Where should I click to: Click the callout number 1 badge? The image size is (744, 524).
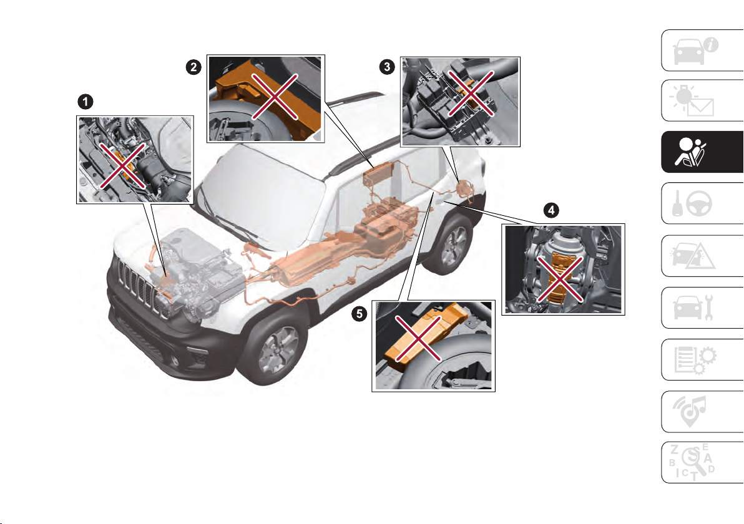(86, 102)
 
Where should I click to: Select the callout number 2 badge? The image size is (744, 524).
(193, 67)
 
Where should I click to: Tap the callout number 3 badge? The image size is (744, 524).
(387, 67)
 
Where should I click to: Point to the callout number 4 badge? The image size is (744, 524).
(551, 210)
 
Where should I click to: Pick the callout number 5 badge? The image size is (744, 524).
(359, 313)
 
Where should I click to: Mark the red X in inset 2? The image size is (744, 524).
(275, 96)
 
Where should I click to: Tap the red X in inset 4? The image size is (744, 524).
(560, 279)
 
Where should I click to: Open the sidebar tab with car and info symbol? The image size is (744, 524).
(702, 51)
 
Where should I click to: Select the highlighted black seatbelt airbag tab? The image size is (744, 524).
(702, 152)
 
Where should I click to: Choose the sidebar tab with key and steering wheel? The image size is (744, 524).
(702, 203)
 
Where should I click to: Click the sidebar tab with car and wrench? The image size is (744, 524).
(702, 308)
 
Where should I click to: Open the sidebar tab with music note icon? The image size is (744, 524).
(702, 412)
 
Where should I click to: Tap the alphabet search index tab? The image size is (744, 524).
(702, 462)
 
